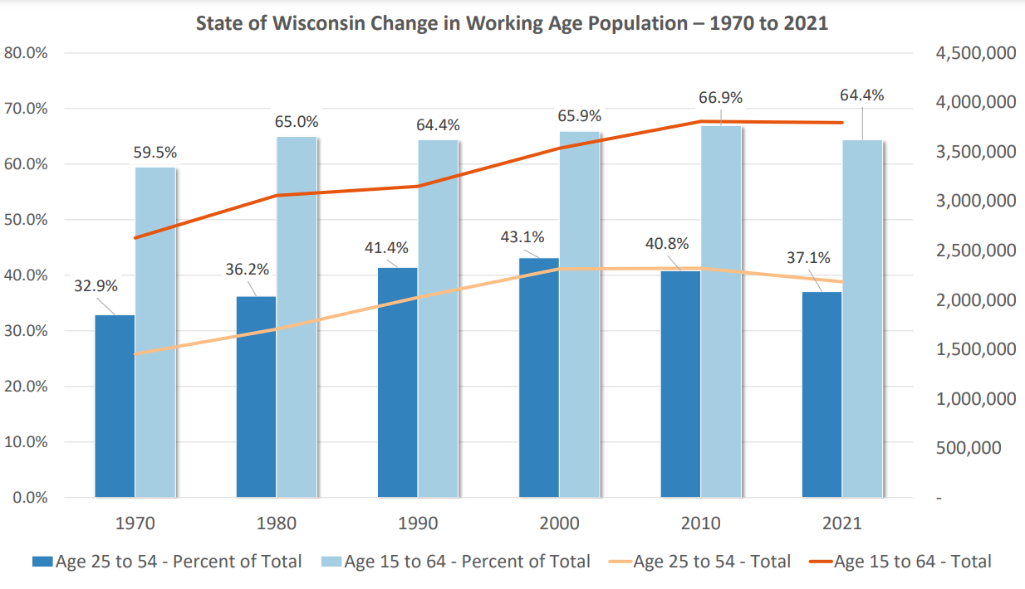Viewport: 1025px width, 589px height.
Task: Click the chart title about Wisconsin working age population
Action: [512, 22]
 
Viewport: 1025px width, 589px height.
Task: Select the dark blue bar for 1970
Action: [115, 406]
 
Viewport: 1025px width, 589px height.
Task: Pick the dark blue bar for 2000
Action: [539, 377]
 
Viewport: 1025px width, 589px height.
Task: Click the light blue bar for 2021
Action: [862, 319]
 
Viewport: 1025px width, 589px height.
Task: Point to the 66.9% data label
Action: [720, 98]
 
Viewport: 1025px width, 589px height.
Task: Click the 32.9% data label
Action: [96, 286]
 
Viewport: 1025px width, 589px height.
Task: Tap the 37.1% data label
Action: [808, 258]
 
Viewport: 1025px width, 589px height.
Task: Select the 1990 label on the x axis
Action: [417, 523]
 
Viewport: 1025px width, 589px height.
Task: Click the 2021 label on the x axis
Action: [841, 523]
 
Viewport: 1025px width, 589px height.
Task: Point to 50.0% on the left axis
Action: [26, 220]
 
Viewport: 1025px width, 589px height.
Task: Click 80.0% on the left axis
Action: [26, 53]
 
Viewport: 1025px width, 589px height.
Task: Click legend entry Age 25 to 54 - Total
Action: [711, 562]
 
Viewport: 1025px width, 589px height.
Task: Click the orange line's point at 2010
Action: [700, 122]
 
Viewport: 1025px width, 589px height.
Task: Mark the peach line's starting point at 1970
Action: [135, 353]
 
